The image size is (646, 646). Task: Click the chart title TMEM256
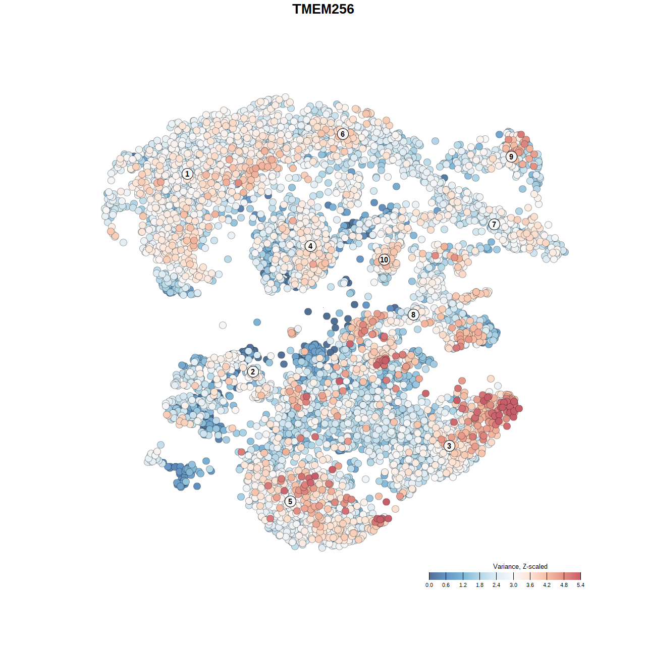(323, 9)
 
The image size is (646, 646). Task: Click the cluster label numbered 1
(187, 174)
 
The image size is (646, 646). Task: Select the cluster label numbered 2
(253, 372)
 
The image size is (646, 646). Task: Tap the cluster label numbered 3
(449, 446)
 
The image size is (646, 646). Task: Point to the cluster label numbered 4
(310, 246)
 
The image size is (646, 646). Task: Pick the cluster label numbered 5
(290, 501)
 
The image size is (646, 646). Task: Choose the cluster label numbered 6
(343, 134)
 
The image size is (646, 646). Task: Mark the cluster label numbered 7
(494, 225)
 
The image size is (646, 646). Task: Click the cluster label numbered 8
(413, 315)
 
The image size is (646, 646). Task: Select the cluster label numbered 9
(511, 156)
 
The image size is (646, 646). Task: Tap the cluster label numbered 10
(384, 259)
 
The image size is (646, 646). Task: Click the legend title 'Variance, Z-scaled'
(520, 566)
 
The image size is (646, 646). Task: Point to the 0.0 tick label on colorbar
(429, 585)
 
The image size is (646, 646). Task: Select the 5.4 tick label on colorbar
(581, 585)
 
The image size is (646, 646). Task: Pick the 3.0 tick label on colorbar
(513, 585)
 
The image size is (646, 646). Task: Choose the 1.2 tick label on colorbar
(463, 585)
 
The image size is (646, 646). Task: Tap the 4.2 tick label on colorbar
(547, 585)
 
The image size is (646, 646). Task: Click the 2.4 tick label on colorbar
(497, 585)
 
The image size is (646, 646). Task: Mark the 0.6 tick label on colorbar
(446, 585)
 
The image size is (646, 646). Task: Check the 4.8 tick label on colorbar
(564, 585)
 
